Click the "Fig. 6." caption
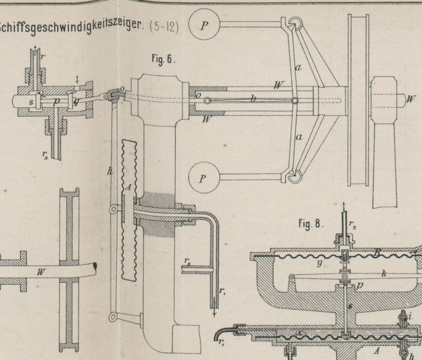pyautogui.click(x=162, y=60)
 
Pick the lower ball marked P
pyautogui.click(x=203, y=179)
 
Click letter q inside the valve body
pyautogui.click(x=76, y=101)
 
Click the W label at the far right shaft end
pyautogui.click(x=410, y=99)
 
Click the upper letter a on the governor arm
pyautogui.click(x=299, y=67)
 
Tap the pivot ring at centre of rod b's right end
pyautogui.click(x=295, y=101)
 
